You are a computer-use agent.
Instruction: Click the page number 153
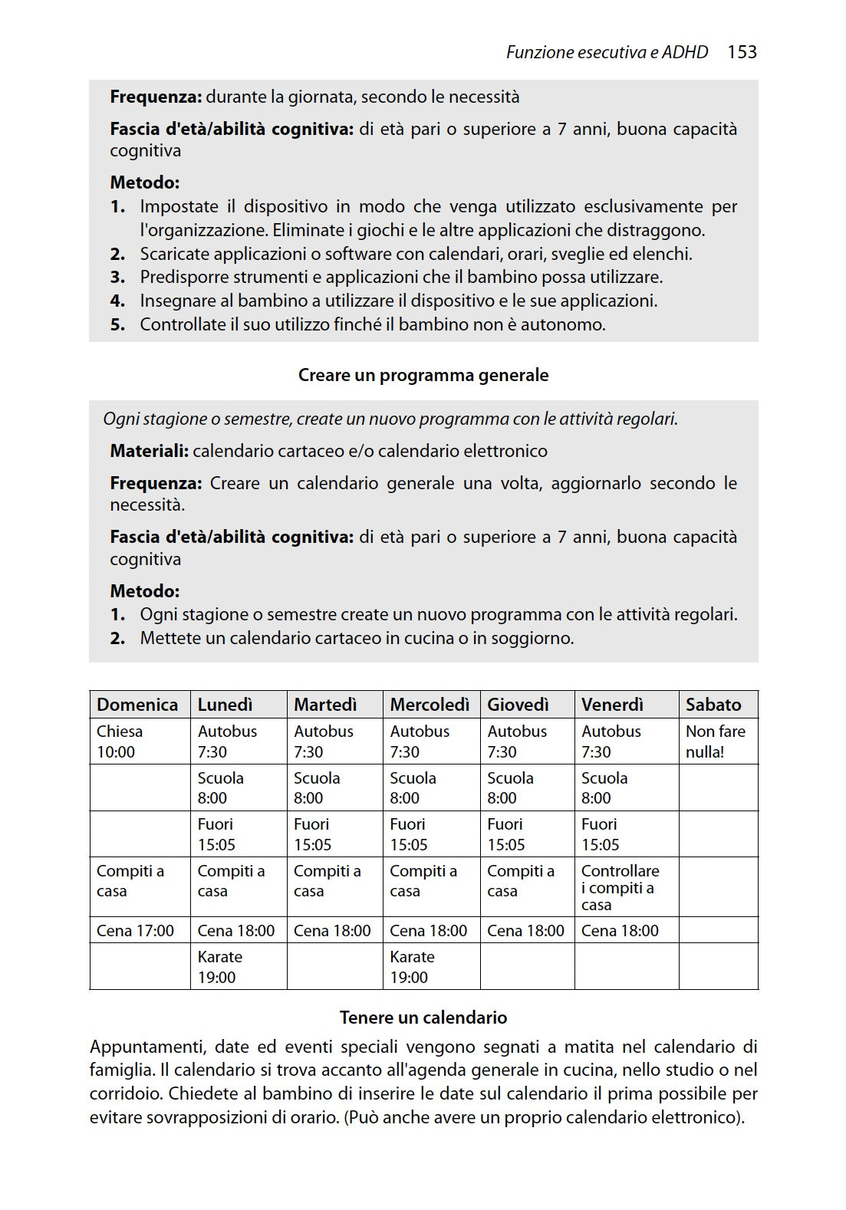point(742,52)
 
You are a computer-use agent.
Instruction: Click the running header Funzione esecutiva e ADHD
point(607,52)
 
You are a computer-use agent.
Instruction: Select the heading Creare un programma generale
point(423,375)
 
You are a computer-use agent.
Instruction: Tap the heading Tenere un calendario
point(423,1018)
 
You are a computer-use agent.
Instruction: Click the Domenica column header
point(137,704)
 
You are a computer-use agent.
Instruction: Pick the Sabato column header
point(713,704)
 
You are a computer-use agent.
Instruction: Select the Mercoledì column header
point(430,704)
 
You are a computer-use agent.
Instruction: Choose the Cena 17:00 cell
point(135,930)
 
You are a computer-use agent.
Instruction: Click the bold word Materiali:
point(149,451)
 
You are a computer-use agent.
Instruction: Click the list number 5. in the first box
point(117,324)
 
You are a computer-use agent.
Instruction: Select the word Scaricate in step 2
point(175,254)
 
